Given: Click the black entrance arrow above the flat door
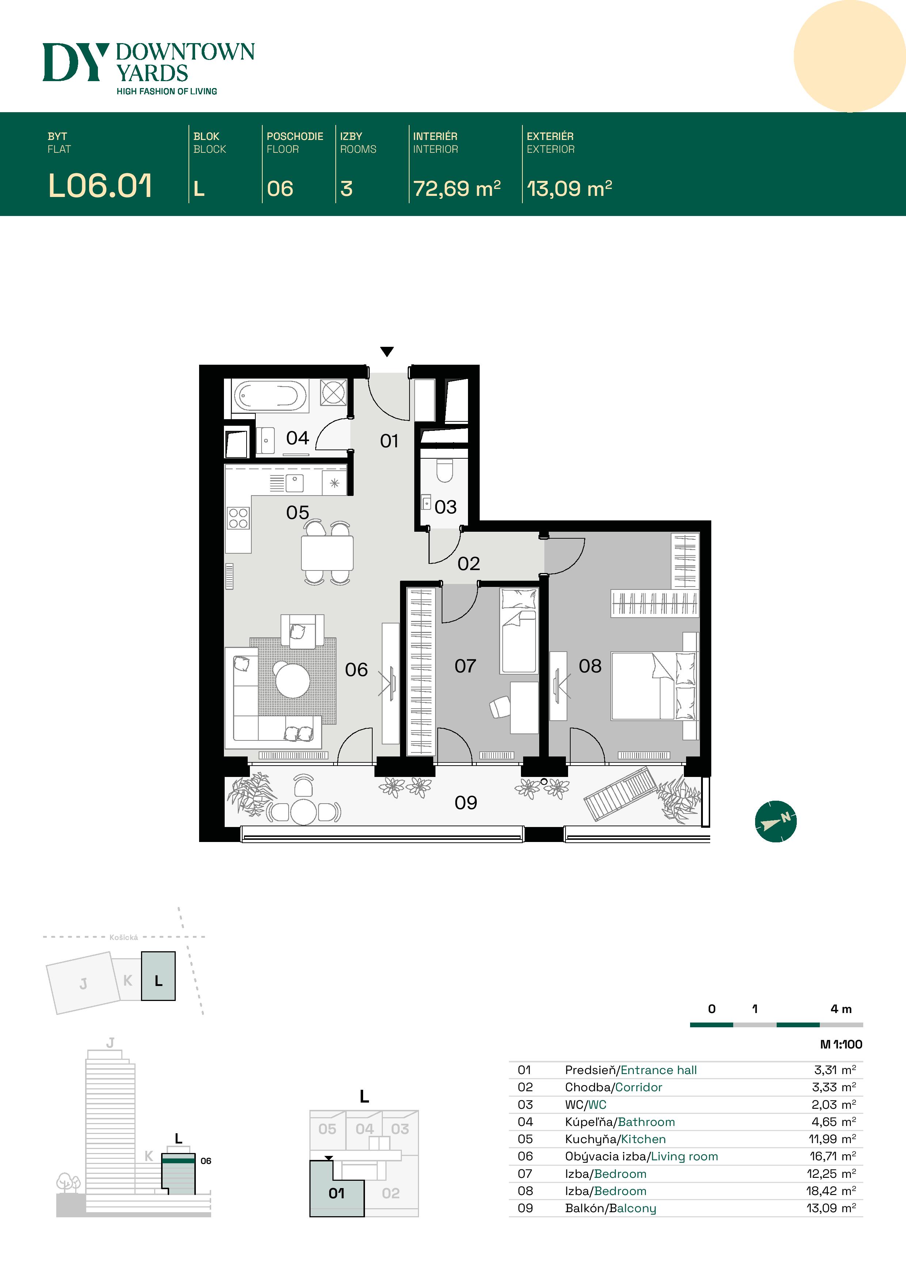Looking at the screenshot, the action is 387,351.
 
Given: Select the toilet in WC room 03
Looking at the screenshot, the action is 444,470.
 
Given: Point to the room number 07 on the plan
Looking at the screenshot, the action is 465,665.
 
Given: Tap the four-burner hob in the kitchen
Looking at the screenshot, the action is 238,518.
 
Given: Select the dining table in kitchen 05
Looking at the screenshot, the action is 327,553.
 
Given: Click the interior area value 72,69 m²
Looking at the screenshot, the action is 457,189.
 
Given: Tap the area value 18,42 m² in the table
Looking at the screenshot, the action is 831,1191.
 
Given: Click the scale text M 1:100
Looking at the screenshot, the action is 841,1044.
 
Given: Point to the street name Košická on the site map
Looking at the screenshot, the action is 123,937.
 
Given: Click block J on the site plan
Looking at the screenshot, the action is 83,983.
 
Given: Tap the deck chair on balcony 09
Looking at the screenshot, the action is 619,794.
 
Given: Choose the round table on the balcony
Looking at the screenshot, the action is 304,812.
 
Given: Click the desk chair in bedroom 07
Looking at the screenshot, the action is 500,707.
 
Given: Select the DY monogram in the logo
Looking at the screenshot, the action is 75,62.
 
